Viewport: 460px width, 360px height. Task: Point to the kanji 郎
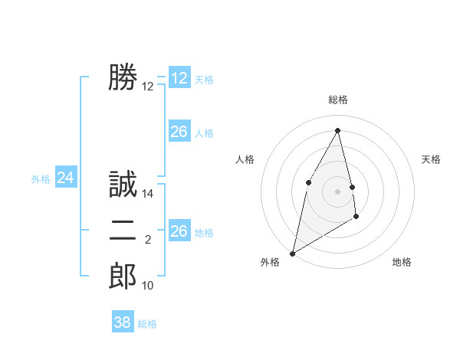[x=123, y=276]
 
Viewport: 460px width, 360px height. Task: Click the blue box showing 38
[x=123, y=322]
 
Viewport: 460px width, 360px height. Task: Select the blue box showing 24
[x=66, y=178]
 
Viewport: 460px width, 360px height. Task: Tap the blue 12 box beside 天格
[x=179, y=78]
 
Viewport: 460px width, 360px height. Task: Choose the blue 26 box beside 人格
[x=179, y=132]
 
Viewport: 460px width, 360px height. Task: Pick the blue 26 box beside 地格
[x=179, y=231]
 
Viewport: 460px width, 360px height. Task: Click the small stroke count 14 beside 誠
[x=149, y=195]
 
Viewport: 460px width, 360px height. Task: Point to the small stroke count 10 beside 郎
[x=149, y=286]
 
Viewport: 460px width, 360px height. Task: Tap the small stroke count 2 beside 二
[x=149, y=241]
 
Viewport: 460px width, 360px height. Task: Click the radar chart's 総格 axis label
[x=337, y=100]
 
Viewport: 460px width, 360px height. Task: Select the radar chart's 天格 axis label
[x=432, y=159]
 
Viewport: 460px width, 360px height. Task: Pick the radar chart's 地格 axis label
[x=402, y=262]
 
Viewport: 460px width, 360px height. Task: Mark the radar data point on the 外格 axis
[x=292, y=253]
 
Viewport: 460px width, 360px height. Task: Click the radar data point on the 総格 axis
[x=337, y=130]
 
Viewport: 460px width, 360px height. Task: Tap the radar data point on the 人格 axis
[x=308, y=182]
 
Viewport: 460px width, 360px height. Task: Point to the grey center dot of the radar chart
[x=337, y=191]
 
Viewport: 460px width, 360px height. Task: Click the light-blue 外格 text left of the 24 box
[x=41, y=179]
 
